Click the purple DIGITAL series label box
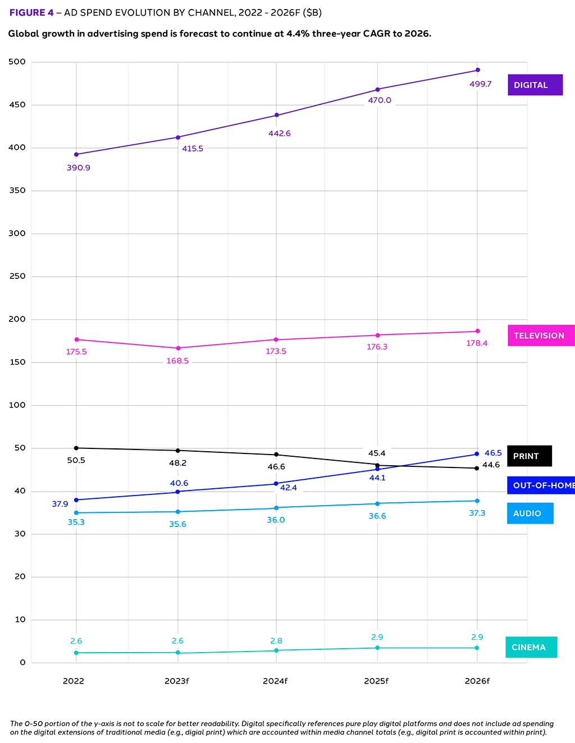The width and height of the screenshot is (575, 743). [535, 85]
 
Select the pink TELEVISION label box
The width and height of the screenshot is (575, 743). [541, 336]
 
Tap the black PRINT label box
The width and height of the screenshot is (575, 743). [529, 456]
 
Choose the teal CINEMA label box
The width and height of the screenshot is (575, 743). [531, 647]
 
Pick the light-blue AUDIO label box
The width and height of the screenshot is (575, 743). [530, 513]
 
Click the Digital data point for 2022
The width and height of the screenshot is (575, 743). [76, 154]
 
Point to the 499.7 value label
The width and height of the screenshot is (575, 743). [480, 84]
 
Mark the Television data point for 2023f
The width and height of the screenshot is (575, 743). [178, 348]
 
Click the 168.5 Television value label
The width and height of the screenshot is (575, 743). [177, 361]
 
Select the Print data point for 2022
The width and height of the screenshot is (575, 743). [76, 448]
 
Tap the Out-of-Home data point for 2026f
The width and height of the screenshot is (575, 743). [477, 454]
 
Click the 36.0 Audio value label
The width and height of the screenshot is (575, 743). [276, 520]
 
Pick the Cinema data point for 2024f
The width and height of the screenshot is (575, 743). [276, 650]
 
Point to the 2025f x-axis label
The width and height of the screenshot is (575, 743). [376, 681]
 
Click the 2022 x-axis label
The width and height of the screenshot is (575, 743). [74, 681]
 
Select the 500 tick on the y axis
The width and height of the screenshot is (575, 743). [17, 62]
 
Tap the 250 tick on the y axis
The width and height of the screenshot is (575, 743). [17, 276]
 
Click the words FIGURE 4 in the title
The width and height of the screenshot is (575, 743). [31, 12]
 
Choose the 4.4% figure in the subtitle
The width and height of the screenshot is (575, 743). [298, 34]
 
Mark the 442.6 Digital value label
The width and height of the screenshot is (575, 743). [279, 134]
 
